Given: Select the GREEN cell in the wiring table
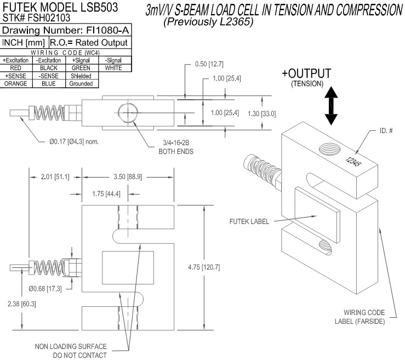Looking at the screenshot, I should (x=81, y=68).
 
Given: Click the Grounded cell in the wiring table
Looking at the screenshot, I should (x=81, y=84).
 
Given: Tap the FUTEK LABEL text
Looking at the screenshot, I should (x=249, y=221).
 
